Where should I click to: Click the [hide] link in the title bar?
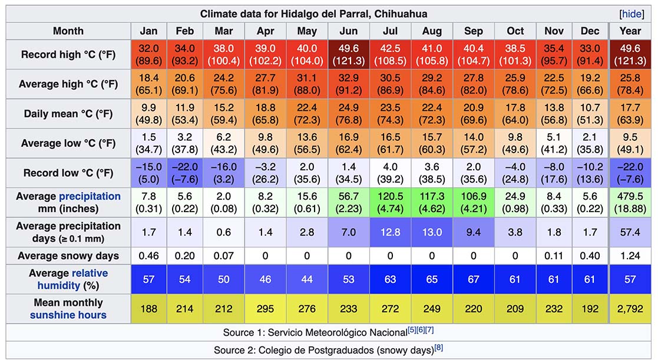[632, 14]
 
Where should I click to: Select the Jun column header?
[349, 31]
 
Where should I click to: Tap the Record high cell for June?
[349, 55]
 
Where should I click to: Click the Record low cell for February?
[185, 173]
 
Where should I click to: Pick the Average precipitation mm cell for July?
[390, 203]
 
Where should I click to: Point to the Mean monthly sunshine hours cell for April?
[265, 309]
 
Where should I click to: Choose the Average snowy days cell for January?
[149, 256]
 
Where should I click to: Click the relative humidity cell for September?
[473, 279]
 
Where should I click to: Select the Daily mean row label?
[68, 114]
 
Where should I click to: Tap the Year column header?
[630, 31]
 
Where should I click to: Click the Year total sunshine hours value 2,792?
[630, 309]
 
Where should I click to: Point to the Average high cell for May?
[307, 84]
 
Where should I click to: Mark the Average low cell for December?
[590, 144]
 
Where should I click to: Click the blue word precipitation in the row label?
[90, 196]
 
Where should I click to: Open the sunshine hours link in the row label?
[68, 315]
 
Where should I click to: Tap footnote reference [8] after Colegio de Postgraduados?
[438, 348]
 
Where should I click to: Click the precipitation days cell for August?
[432, 232]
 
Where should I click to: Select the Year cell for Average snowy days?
[630, 256]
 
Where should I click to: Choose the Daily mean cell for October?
[515, 114]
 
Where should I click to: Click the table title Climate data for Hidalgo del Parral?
[313, 14]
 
